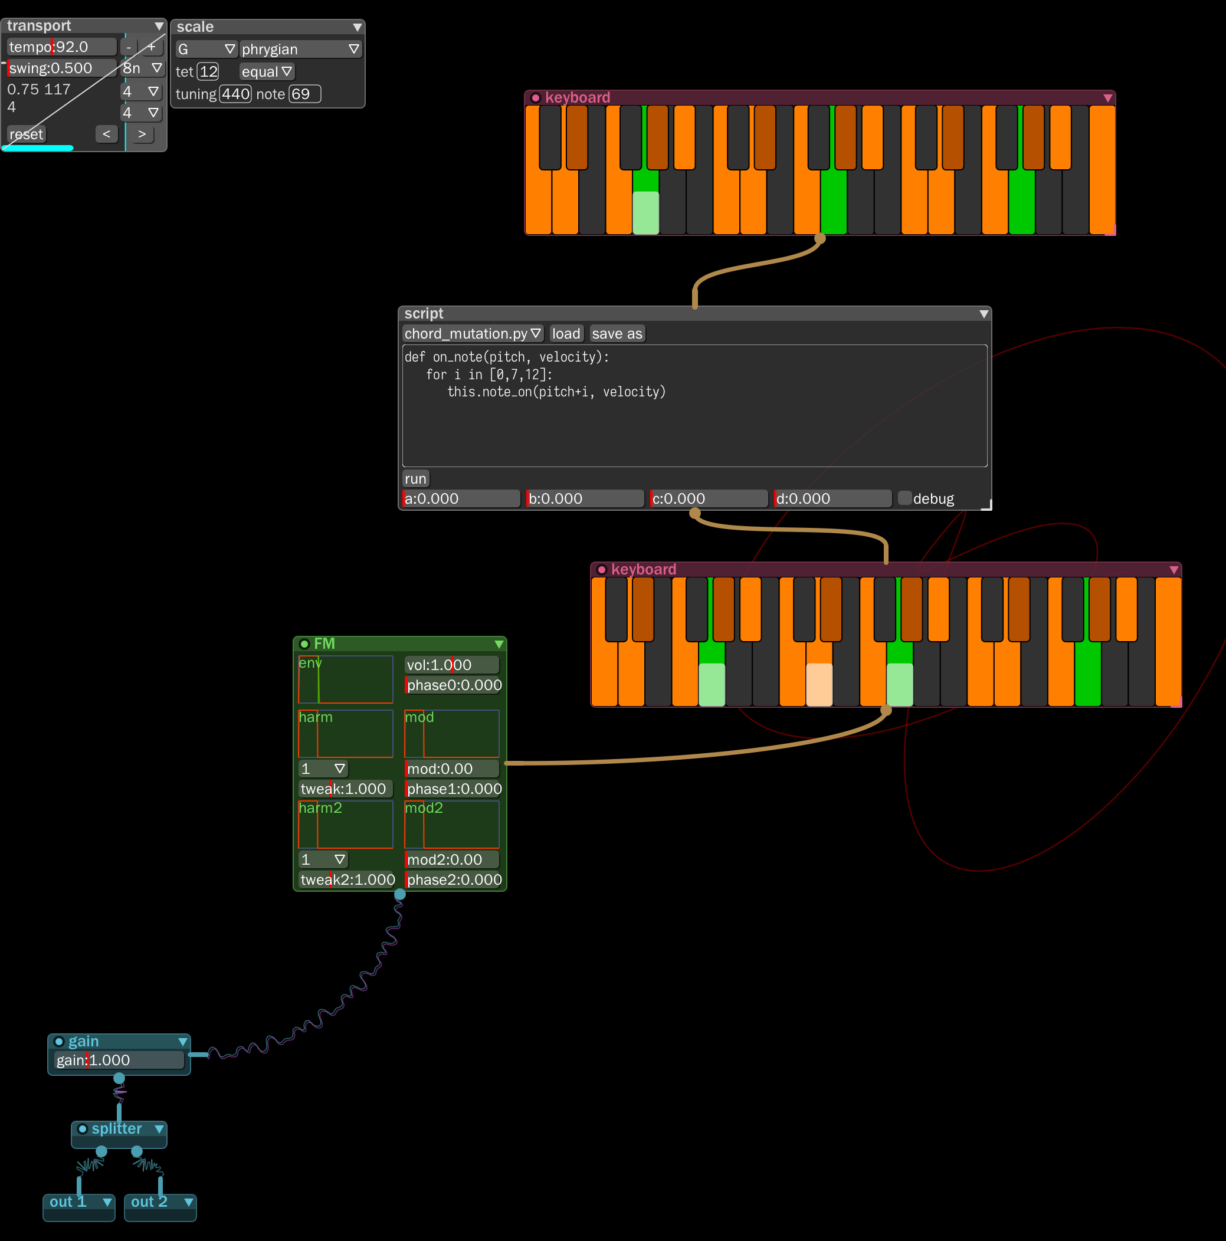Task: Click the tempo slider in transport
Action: click(61, 47)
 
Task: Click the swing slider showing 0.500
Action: click(61, 68)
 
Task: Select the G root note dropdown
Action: click(206, 50)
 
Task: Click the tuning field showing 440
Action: click(235, 94)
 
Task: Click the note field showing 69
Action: click(304, 94)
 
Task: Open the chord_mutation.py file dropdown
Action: click(472, 334)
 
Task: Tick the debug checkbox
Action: click(904, 498)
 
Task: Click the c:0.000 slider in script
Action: click(708, 498)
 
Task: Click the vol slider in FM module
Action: click(451, 665)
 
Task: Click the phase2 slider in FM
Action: click(453, 879)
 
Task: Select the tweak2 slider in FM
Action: click(346, 879)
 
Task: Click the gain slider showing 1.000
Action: click(119, 1060)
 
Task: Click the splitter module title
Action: click(116, 1128)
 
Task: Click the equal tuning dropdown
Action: click(267, 72)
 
